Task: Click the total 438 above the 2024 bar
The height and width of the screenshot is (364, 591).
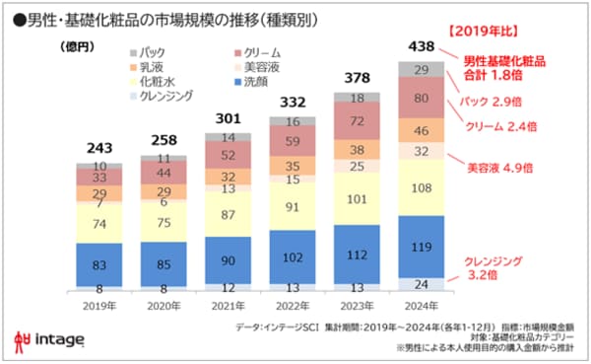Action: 421,45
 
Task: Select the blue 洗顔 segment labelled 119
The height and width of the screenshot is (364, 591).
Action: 421,242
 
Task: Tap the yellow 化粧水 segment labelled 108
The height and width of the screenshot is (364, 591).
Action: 421,186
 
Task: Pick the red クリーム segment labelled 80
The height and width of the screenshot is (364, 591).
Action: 421,99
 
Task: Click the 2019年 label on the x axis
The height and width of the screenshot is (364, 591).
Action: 100,305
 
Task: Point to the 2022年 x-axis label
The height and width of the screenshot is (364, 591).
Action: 293,305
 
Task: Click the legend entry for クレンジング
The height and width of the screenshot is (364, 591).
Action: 164,96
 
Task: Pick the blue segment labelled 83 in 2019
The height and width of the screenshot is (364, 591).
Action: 100,263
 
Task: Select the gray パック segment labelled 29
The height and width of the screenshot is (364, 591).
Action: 421,69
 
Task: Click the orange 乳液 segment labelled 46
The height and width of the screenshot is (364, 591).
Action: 421,129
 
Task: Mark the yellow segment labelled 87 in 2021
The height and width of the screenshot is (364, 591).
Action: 229,214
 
